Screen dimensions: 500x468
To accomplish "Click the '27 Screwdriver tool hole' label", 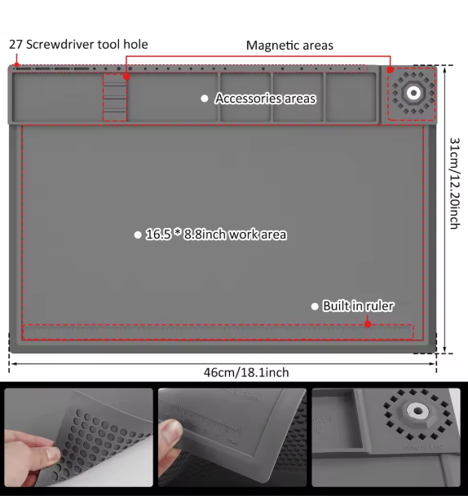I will (79, 44).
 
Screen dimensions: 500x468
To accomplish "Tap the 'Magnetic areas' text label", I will (289, 46).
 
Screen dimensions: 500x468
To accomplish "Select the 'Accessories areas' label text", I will (265, 99).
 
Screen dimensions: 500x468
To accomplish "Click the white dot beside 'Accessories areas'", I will (205, 99).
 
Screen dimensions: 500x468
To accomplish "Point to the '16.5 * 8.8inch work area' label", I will (216, 235).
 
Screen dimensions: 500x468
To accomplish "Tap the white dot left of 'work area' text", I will (138, 235).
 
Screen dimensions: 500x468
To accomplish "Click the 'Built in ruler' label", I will (358, 306).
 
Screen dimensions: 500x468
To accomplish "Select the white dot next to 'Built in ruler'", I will (315, 306).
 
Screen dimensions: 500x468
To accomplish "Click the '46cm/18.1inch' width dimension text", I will (246, 372).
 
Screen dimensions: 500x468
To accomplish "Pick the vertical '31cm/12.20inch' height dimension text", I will (456, 182).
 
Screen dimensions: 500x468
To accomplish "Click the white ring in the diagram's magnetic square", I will (414, 93).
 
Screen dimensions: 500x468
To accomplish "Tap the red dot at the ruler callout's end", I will (368, 324).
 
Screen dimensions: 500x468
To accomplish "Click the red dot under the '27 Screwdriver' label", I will (17, 65).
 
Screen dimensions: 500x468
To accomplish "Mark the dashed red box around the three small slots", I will (115, 98).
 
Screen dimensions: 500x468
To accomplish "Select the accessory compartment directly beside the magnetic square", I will (351, 98).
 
